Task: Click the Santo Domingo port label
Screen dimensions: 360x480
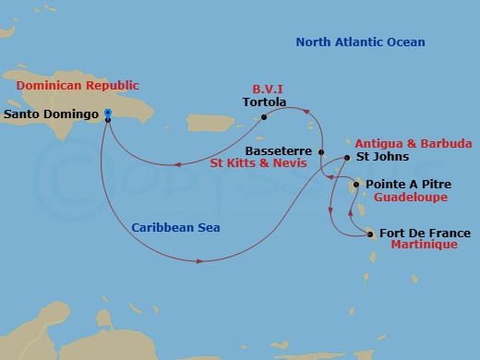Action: click(52, 115)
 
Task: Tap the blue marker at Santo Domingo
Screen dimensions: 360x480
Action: click(108, 114)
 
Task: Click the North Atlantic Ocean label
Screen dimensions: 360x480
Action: click(361, 42)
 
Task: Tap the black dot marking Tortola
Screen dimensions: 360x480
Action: click(264, 117)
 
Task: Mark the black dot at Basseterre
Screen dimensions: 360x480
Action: click(321, 151)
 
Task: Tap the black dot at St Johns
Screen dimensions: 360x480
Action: click(346, 158)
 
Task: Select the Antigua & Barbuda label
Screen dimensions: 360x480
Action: click(414, 144)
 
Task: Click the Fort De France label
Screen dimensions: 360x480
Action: click(424, 234)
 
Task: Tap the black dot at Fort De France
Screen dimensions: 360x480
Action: click(371, 234)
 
